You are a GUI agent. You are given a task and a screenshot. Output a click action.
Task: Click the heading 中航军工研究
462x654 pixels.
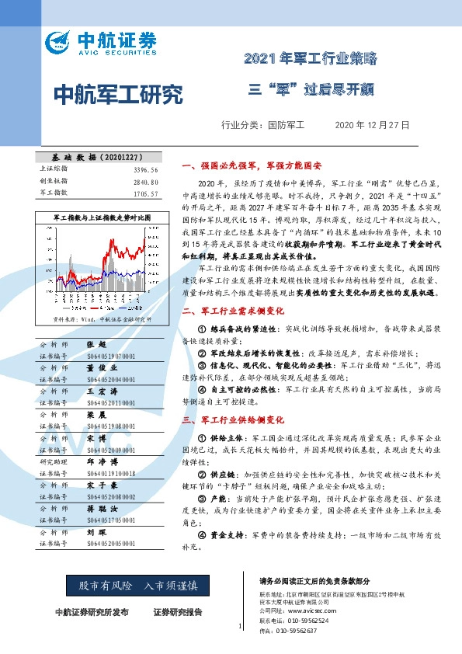coord(119,95)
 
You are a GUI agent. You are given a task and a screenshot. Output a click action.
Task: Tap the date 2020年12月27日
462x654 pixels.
coord(371,124)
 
